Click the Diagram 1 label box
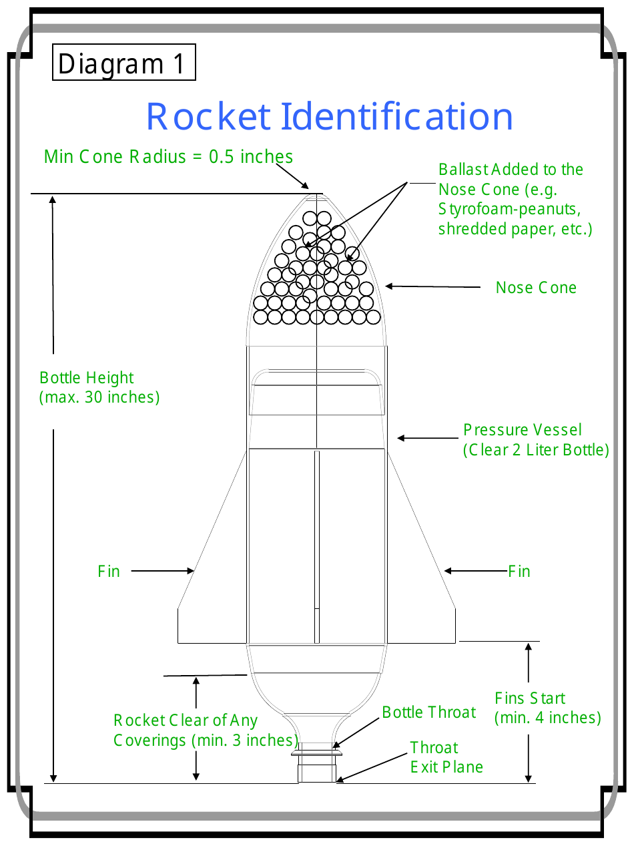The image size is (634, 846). (x=123, y=63)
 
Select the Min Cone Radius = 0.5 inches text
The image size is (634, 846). (x=168, y=157)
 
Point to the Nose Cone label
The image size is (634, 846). (x=536, y=288)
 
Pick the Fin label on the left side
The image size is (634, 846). (x=109, y=572)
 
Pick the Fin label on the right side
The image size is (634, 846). (x=519, y=572)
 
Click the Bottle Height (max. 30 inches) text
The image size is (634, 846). (x=99, y=387)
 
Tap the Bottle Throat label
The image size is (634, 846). (x=429, y=712)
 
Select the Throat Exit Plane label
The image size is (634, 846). (x=446, y=757)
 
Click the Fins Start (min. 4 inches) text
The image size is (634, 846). (x=547, y=708)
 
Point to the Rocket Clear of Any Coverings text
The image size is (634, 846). (x=205, y=730)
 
